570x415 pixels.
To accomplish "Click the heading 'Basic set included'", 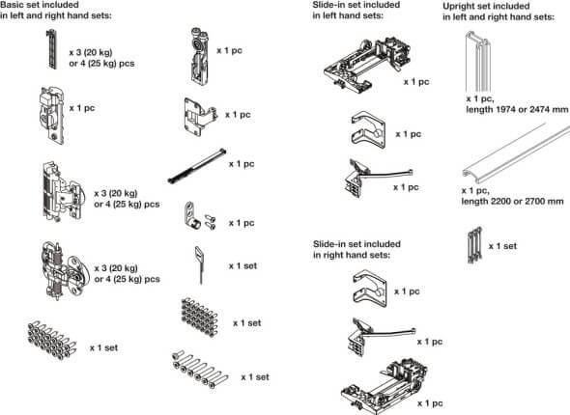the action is pos(40,5).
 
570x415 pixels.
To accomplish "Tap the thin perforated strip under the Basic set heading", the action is pos(52,49).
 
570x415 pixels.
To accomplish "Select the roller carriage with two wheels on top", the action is pos(199,56).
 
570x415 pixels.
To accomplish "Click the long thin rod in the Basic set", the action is pos(197,166).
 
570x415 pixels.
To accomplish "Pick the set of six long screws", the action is pos(200,370).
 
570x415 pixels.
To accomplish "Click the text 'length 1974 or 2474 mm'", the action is pos(517,109).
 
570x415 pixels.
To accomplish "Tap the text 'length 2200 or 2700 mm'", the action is pos(513,201).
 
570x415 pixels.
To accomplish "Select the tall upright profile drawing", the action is pos(477,61).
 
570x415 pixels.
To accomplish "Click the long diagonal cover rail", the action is pos(516,153).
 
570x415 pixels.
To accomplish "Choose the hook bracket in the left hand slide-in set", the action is pos(368,129).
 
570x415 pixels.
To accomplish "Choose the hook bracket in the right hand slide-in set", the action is pos(369,289).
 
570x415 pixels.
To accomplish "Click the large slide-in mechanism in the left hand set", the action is pos(367,65).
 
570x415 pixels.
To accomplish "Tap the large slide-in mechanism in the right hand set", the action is pos(384,386).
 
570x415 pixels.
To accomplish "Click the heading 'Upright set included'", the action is pos(486,6).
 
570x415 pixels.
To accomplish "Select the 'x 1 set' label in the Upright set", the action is pos(502,246).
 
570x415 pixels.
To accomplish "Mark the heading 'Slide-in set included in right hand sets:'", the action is pos(356,249).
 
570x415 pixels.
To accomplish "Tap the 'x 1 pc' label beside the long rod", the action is pos(242,164).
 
